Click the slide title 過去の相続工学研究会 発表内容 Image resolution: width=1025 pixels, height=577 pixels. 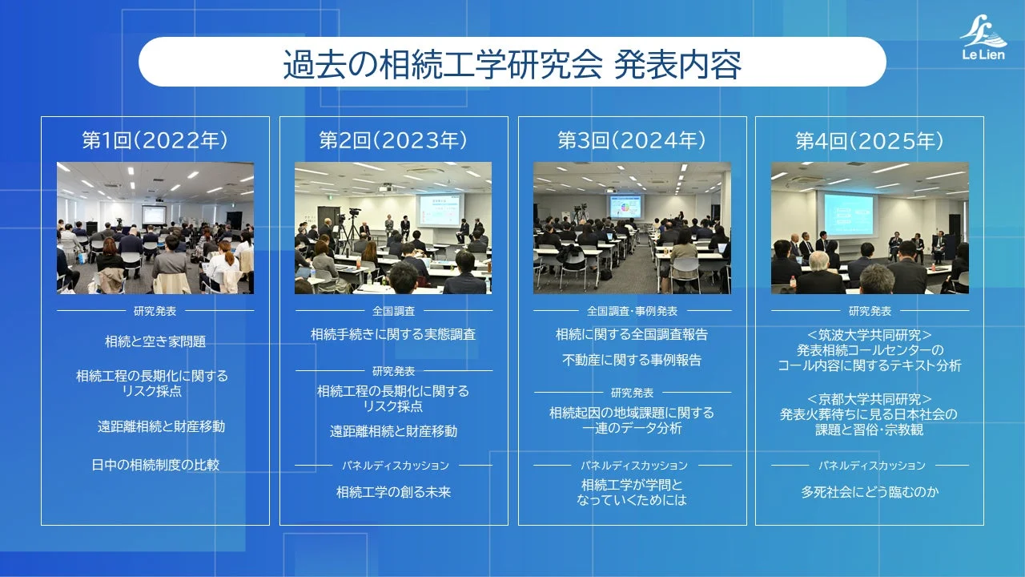click(x=512, y=63)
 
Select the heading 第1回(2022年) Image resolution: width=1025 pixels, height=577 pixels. click(x=155, y=141)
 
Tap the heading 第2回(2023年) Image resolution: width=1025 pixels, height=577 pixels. click(x=393, y=141)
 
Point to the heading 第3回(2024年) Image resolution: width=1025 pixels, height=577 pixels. click(x=632, y=141)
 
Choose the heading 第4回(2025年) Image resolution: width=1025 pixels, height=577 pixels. click(x=870, y=142)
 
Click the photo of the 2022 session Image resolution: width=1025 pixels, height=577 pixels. click(x=155, y=228)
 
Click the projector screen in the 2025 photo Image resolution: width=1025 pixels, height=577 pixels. click(x=849, y=214)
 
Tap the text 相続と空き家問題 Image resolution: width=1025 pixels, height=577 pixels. click(x=155, y=341)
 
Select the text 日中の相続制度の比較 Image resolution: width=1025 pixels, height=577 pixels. click(x=155, y=464)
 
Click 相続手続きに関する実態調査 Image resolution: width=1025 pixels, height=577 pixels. click(x=393, y=334)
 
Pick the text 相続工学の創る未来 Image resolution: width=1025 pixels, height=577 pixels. click(x=393, y=492)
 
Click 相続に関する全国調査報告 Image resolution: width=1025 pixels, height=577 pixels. click(x=632, y=334)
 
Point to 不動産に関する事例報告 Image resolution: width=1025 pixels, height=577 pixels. click(x=632, y=361)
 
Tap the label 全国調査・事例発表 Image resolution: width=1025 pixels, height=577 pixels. click(x=632, y=311)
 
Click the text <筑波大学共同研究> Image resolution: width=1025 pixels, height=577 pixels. click(x=870, y=335)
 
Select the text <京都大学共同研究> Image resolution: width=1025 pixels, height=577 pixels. click(x=870, y=398)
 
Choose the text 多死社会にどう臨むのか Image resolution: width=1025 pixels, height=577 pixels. click(x=870, y=492)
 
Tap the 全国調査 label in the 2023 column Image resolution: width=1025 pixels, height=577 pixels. click(x=393, y=311)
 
